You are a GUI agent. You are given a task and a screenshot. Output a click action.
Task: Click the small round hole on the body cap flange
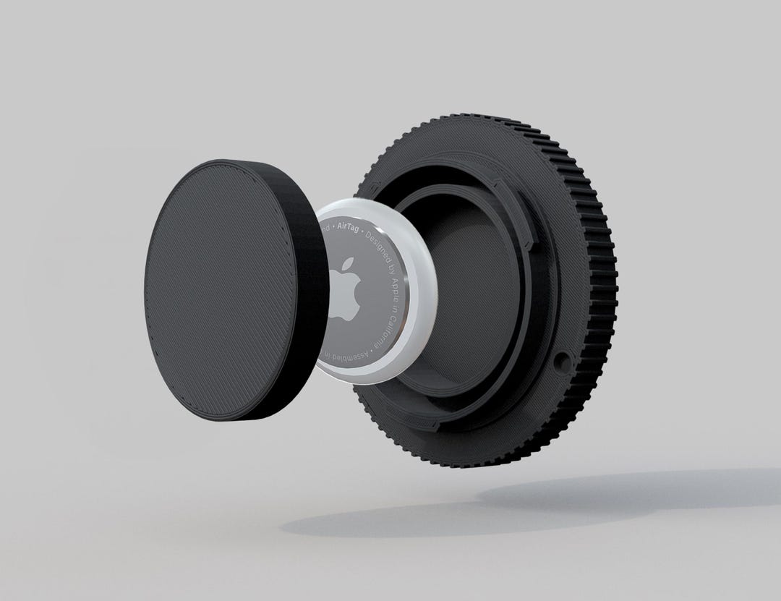[x=562, y=361]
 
